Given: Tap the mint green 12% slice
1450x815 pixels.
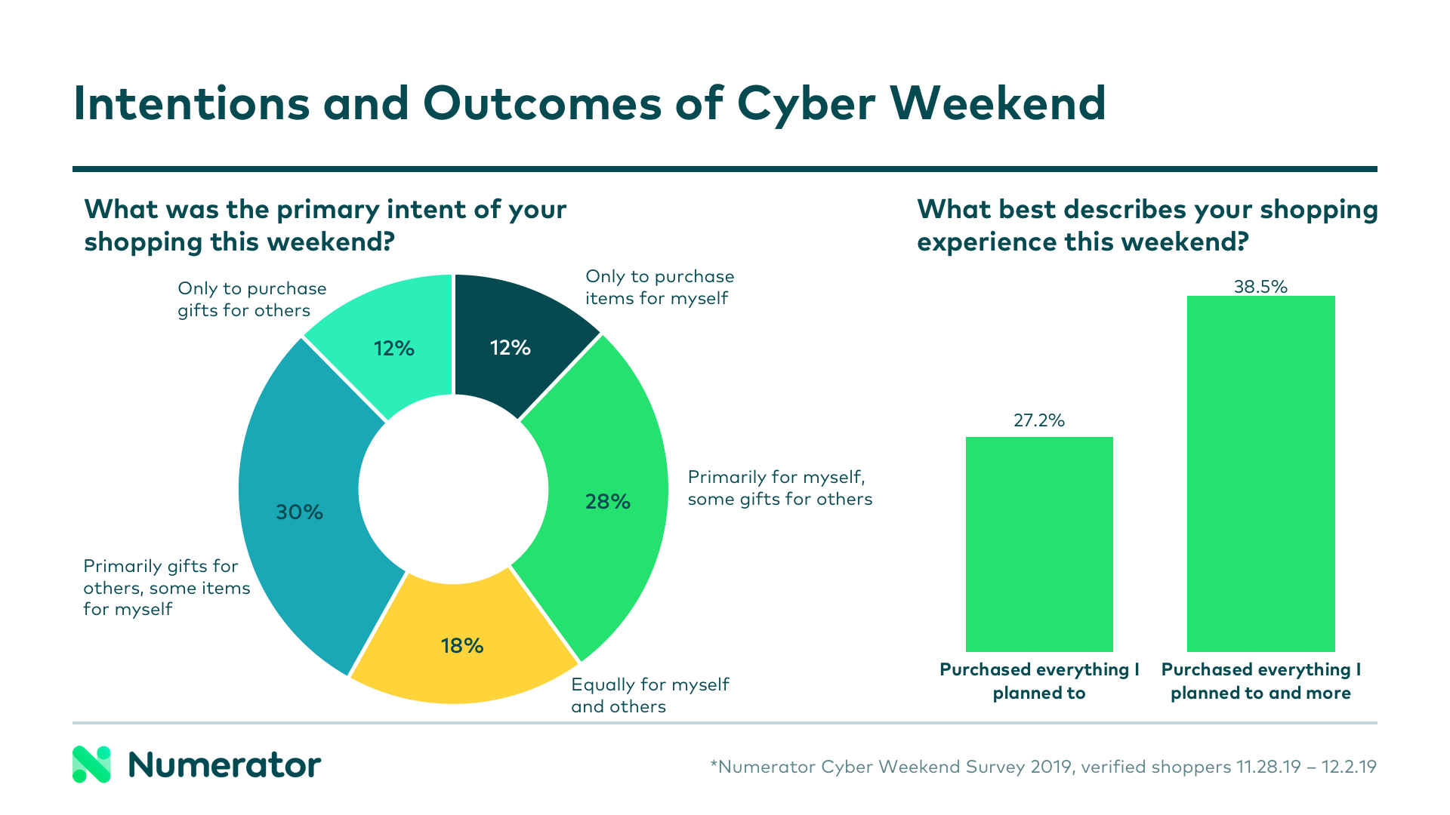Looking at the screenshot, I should pos(393,348).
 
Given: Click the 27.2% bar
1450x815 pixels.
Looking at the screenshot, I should pos(1039,543).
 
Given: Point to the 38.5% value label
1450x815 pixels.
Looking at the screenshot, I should pos(1260,287).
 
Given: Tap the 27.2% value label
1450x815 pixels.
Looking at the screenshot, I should pos(1039,420).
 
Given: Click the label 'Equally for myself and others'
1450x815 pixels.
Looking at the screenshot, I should pos(649,695).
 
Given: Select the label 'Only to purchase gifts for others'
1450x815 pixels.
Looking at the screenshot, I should pos(251,300).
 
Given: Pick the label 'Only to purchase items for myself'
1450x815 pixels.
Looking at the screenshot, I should pos(659,288).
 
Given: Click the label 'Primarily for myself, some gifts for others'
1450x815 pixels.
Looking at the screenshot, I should pos(779,487).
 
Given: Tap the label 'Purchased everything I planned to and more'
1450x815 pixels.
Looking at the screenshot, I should pos(1260,681).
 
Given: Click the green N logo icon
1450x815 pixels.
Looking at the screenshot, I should pos(91,764).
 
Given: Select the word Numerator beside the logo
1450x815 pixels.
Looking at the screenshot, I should pos(224,765).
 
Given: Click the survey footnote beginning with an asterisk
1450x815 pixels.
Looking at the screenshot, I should pos(1043,767).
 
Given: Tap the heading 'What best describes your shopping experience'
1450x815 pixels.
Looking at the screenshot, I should pos(1147,225).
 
